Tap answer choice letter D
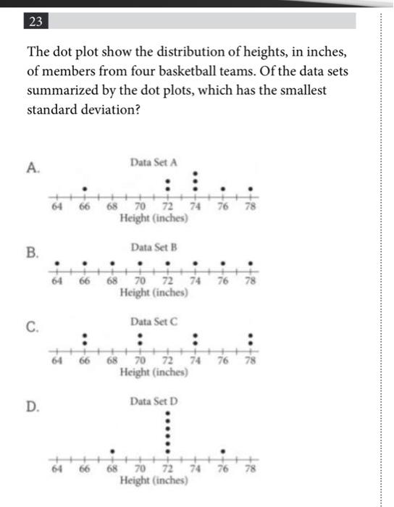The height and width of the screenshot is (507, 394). point(32,406)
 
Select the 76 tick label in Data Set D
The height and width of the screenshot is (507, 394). point(224,469)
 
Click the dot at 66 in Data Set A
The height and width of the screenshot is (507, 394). point(85,189)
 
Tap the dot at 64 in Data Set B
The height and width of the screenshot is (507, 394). point(57,264)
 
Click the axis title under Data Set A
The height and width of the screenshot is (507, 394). point(153,219)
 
